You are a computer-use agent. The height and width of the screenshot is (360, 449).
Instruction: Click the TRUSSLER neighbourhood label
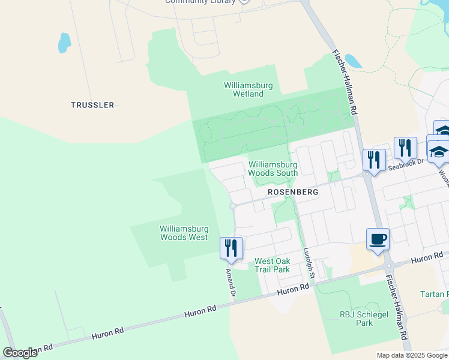click(92, 105)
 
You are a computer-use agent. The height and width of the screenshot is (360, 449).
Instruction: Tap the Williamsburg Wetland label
click(248, 89)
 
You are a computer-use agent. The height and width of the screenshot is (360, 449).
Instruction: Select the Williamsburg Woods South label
click(273, 169)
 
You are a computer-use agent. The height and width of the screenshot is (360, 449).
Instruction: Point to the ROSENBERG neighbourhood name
click(292, 192)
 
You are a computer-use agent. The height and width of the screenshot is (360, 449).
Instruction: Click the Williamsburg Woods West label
click(184, 233)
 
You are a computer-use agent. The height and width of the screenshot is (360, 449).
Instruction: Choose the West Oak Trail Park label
click(272, 265)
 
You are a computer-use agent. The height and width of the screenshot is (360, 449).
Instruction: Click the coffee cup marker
click(378, 239)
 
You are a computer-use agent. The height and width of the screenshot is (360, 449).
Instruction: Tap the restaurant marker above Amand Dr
click(231, 247)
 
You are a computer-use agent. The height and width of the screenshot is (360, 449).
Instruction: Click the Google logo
click(20, 353)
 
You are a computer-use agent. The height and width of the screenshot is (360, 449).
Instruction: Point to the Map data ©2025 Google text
click(412, 355)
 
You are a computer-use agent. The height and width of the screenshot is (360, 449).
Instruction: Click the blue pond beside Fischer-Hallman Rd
click(354, 61)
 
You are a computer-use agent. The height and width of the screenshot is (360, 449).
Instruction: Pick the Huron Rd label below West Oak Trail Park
click(293, 289)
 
